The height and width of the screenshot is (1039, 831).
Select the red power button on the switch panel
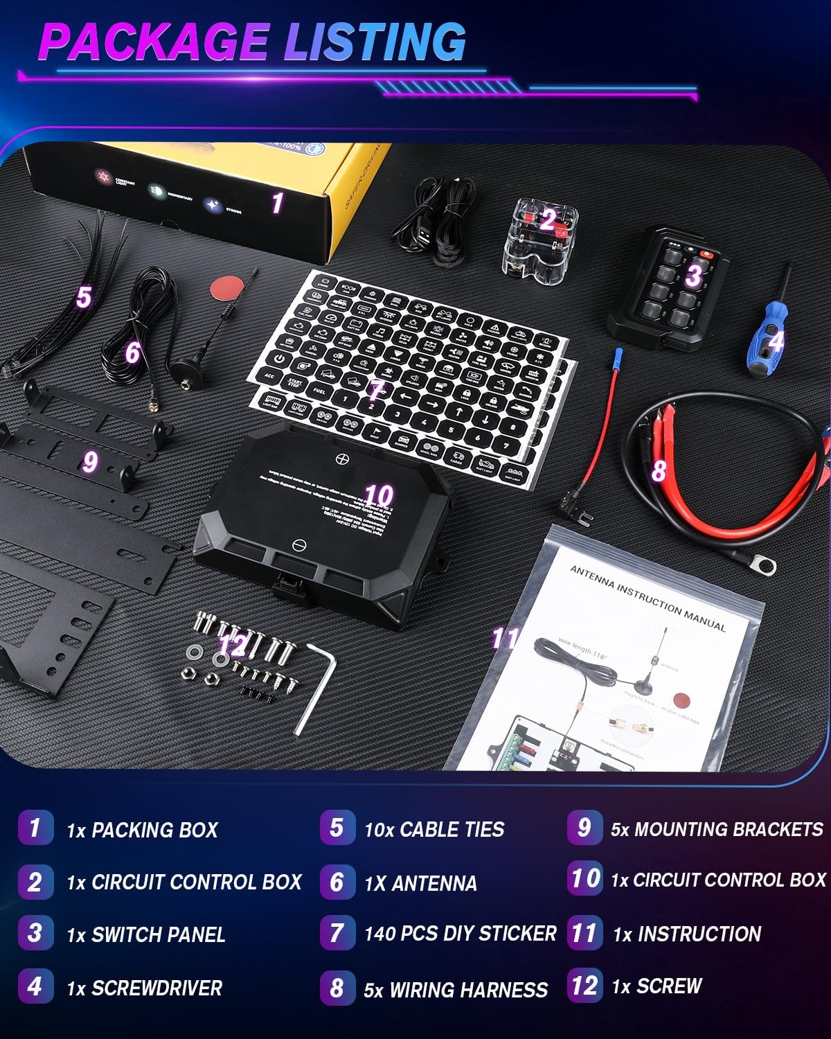(706, 254)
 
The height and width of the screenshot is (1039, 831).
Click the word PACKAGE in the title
(154, 43)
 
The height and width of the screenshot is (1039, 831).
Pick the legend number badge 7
(337, 932)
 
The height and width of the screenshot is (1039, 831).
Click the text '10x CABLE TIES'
(434, 829)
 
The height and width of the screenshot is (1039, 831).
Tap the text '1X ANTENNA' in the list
(420, 883)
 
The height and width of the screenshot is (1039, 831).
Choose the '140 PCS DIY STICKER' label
(460, 934)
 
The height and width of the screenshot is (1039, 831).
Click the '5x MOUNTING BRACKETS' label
(717, 829)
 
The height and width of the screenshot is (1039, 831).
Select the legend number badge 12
(584, 985)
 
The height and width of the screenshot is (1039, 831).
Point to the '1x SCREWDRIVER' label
(145, 988)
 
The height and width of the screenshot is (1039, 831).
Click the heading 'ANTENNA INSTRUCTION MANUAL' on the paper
(647, 597)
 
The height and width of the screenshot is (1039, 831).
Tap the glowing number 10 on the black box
(378, 495)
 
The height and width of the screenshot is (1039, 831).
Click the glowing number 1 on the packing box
(277, 203)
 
